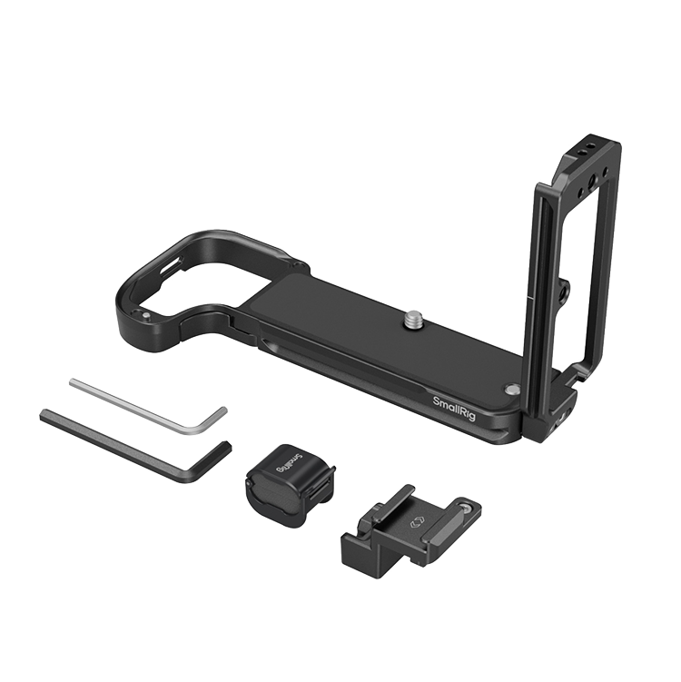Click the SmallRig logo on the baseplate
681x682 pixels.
pyautogui.click(x=454, y=408)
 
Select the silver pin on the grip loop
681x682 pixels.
pyautogui.click(x=147, y=315)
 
